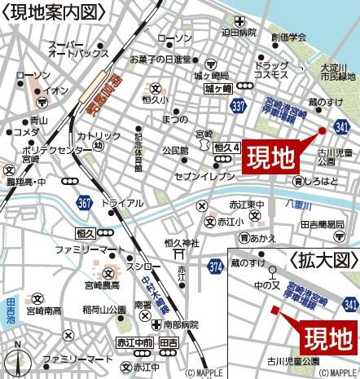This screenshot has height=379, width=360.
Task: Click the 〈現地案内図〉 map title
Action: tap(51, 11)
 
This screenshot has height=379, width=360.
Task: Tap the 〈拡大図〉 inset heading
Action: tap(322, 261)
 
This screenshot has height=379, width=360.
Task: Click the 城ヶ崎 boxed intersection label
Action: tap(219, 88)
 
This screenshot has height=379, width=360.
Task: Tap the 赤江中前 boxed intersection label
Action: tap(134, 343)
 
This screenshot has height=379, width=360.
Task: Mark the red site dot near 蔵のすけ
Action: tap(322, 130)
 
